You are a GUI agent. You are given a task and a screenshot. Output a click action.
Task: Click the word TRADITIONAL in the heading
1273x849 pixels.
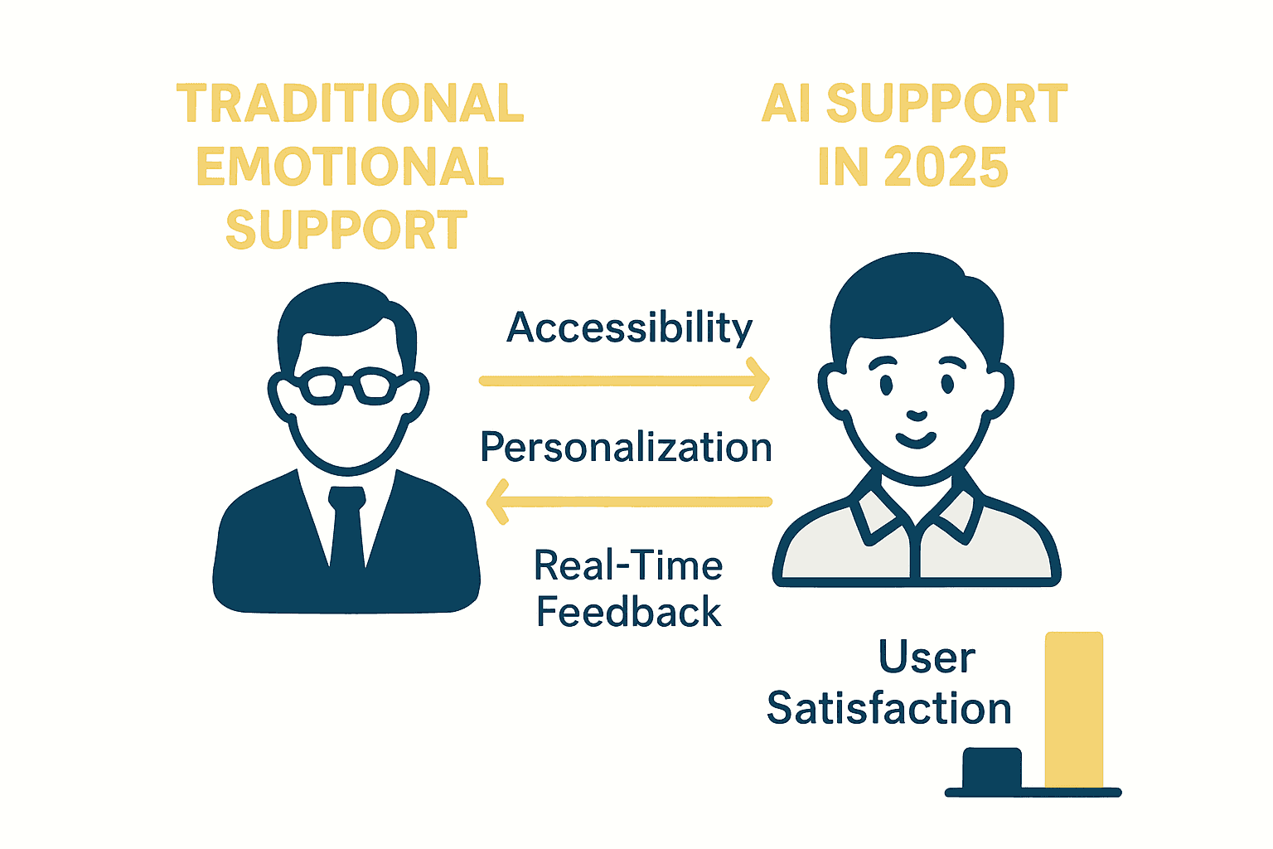click(350, 104)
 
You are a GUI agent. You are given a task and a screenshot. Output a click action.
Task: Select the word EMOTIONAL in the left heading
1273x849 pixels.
click(350, 167)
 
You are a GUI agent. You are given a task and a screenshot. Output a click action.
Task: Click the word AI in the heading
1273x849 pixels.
click(787, 104)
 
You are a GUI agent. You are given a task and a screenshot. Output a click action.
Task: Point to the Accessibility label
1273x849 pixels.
click(629, 327)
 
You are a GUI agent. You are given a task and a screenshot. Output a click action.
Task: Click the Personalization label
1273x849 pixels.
click(626, 448)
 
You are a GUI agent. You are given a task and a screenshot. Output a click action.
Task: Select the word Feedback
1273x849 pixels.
click(628, 612)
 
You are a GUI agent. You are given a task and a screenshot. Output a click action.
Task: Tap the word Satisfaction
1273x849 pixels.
click(888, 709)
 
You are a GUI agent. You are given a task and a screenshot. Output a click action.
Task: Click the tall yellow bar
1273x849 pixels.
click(1074, 709)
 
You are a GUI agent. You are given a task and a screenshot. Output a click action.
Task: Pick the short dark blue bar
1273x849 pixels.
click(992, 768)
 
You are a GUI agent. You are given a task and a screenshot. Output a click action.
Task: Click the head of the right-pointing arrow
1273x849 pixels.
click(758, 380)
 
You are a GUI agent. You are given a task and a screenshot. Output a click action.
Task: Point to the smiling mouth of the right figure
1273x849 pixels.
click(916, 439)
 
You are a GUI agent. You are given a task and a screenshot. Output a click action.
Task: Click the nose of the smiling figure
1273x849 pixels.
click(916, 414)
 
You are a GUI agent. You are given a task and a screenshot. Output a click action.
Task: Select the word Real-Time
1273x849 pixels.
click(628, 566)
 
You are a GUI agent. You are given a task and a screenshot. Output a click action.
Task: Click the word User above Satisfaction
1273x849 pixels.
click(927, 657)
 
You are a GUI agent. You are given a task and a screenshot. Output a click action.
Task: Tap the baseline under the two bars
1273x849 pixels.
click(1033, 793)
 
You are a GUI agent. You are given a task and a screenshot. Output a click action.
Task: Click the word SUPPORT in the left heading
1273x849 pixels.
click(346, 230)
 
